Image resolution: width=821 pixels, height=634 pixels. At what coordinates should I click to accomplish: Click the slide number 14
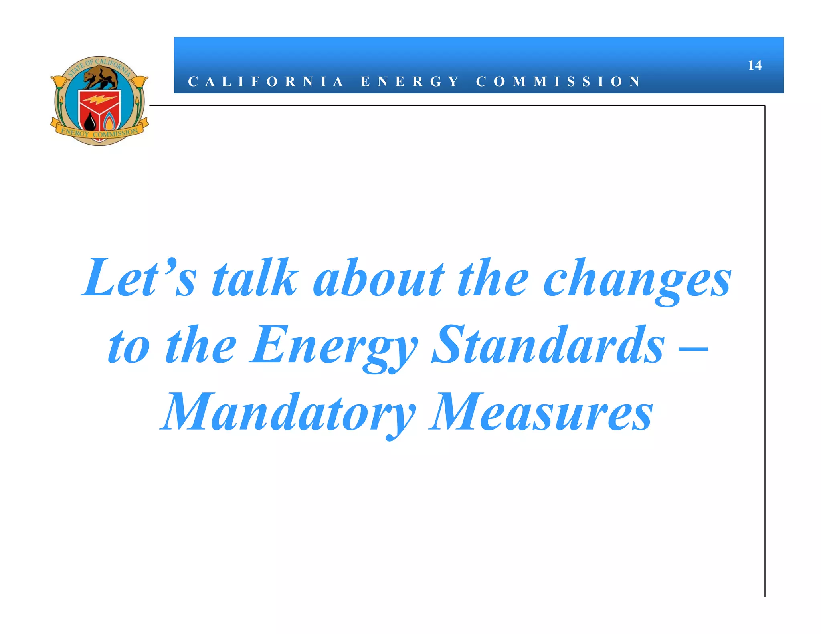[x=754, y=65]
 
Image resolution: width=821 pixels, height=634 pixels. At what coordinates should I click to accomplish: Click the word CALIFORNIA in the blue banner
[x=266, y=82]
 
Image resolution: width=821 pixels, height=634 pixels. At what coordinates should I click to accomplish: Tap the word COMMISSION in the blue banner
[x=558, y=82]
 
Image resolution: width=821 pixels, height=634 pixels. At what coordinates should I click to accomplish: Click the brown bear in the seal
[x=101, y=77]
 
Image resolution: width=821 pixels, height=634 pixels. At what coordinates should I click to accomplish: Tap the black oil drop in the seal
[x=91, y=121]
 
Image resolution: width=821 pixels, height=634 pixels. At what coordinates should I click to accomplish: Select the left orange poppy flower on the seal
[x=61, y=82]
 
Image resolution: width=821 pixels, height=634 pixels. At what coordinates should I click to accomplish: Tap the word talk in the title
[x=255, y=278]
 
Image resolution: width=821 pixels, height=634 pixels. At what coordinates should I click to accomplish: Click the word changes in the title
[x=637, y=281]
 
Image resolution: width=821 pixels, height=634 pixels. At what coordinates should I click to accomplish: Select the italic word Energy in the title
[x=334, y=347]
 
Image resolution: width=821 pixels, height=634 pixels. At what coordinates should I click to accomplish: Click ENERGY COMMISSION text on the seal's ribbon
[x=99, y=133]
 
